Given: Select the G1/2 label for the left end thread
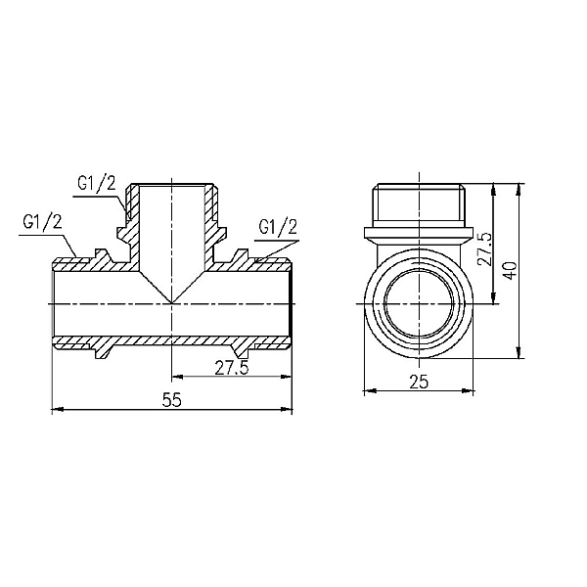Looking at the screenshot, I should [x=42, y=222].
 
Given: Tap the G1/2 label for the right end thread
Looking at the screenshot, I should [x=277, y=227].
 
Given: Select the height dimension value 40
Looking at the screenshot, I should [x=507, y=268].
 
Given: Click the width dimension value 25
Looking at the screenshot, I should [x=419, y=383].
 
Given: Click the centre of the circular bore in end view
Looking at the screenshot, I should [x=419, y=303].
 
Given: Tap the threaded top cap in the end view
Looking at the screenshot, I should [x=419, y=203].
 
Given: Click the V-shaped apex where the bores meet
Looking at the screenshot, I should [x=171, y=301].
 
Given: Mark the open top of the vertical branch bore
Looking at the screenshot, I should [x=171, y=185].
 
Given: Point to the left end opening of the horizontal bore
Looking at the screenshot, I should [x=54, y=303].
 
